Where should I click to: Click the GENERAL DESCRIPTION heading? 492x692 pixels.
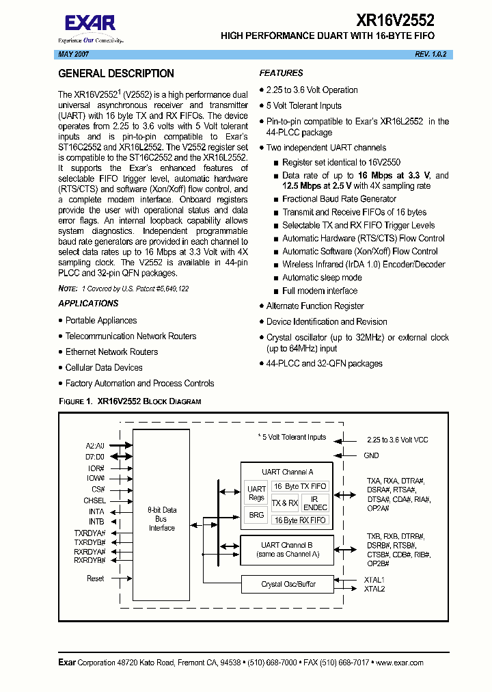[x=116, y=74]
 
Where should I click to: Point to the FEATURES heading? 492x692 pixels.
[x=281, y=73]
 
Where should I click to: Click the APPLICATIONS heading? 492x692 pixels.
[x=88, y=304]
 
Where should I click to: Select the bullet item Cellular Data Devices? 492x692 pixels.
[x=104, y=368]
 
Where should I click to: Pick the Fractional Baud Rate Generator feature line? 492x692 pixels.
[x=339, y=199]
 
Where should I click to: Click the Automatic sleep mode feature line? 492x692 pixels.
[x=322, y=278]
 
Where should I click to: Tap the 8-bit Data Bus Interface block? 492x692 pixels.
[x=161, y=519]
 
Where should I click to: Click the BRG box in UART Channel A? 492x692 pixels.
[x=256, y=515]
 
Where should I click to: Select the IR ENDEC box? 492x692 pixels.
[x=315, y=504]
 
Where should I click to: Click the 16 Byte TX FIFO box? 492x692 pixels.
[x=299, y=486]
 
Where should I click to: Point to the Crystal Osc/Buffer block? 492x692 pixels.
[x=288, y=584]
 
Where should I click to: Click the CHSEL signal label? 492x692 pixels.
[x=94, y=501]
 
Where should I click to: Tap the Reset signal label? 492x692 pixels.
[x=95, y=578]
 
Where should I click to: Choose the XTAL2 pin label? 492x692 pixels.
[x=374, y=589]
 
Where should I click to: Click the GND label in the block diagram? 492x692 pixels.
[x=371, y=455]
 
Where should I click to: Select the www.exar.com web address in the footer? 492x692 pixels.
[x=399, y=663]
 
